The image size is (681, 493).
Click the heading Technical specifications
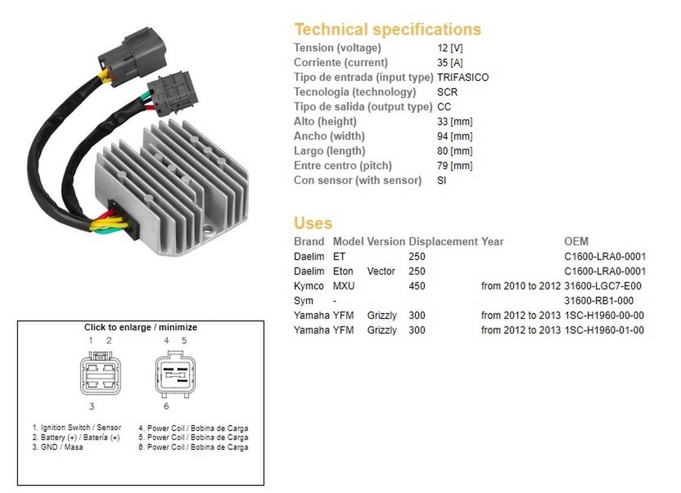click(388, 29)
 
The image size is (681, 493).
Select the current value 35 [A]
click(450, 62)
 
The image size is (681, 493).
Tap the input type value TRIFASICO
click(463, 77)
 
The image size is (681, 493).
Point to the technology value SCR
click(447, 92)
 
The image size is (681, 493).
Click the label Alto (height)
click(325, 121)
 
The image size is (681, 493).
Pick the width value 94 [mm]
click(455, 136)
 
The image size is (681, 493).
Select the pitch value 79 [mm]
click(455, 165)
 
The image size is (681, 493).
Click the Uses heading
click(313, 223)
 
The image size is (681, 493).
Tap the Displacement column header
click(443, 241)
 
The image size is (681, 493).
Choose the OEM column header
click(577, 241)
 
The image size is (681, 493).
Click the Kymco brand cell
click(309, 286)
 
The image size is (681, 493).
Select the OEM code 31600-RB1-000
click(599, 301)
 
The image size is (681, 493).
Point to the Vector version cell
click(381, 271)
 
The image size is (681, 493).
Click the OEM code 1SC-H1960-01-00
click(604, 330)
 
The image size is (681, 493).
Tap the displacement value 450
click(417, 286)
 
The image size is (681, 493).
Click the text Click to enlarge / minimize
click(141, 328)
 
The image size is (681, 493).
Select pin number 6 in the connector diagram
click(166, 406)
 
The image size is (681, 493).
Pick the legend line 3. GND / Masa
click(58, 447)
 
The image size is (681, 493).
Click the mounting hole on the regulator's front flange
click(209, 229)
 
